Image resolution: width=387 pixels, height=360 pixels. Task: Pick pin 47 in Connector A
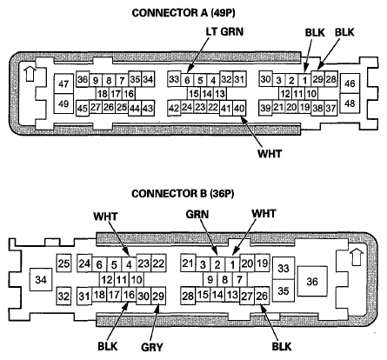pos(64,84)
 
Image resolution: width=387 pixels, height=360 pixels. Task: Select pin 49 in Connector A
pos(64,103)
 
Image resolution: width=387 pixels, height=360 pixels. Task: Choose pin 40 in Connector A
pos(240,107)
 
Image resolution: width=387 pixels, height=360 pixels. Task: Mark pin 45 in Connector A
pos(83,108)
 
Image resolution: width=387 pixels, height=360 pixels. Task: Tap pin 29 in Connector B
pos(157,296)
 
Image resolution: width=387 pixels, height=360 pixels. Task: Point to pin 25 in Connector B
pos(63,263)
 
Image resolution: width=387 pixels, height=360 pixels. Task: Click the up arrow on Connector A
pos(31,73)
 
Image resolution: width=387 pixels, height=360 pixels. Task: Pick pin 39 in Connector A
pos(265,107)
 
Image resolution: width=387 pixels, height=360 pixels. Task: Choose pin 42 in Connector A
pos(174,107)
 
